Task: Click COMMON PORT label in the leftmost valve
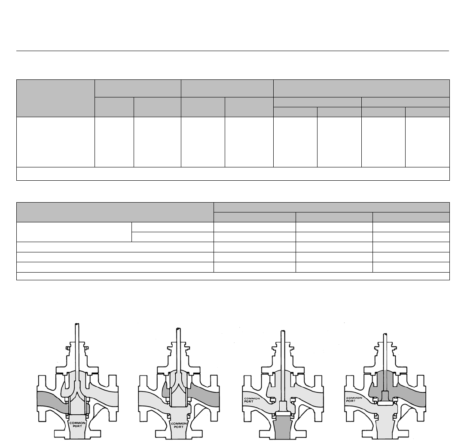(78, 424)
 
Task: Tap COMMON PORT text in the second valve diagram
(179, 425)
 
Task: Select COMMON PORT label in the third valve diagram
(252, 400)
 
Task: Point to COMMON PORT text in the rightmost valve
(354, 400)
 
